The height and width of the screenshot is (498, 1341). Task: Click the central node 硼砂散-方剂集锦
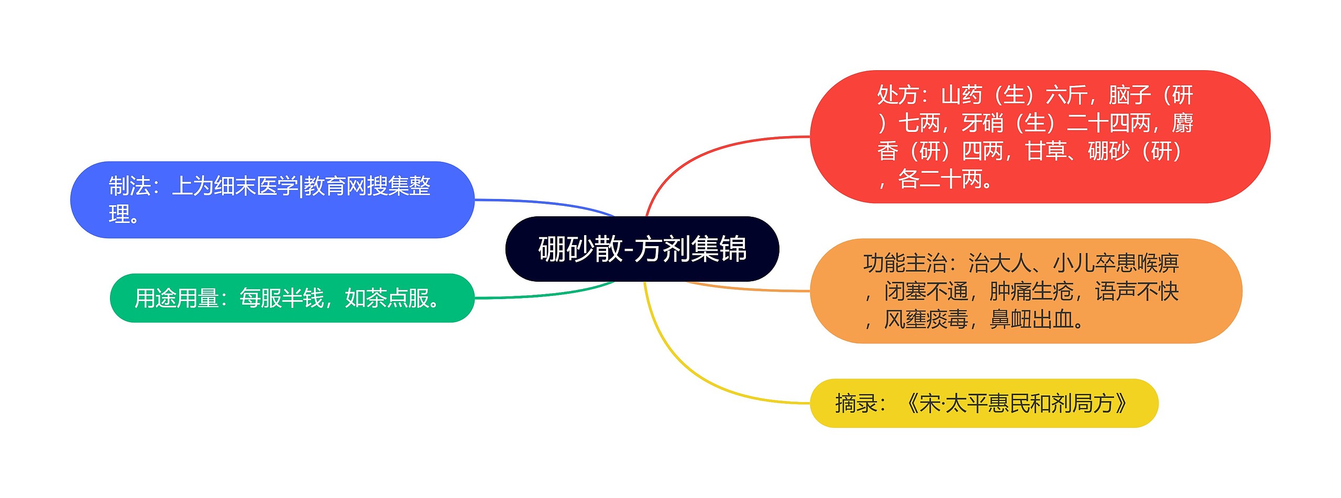642,249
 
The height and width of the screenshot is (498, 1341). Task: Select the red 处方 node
1040,137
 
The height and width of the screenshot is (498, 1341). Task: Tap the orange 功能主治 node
1026,291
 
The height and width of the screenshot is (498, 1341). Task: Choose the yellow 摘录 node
984,403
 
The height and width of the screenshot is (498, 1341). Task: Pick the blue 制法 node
272,200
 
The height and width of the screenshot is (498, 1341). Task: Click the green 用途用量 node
292,298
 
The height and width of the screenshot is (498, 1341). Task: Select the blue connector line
545,203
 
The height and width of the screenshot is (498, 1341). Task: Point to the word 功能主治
905,263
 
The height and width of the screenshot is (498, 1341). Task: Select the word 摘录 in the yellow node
856,403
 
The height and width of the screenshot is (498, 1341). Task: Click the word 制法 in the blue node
130,186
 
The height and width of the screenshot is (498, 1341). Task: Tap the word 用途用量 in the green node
177,298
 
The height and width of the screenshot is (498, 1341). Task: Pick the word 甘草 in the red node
1046,151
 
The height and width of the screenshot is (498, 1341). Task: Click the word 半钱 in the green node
303,298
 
